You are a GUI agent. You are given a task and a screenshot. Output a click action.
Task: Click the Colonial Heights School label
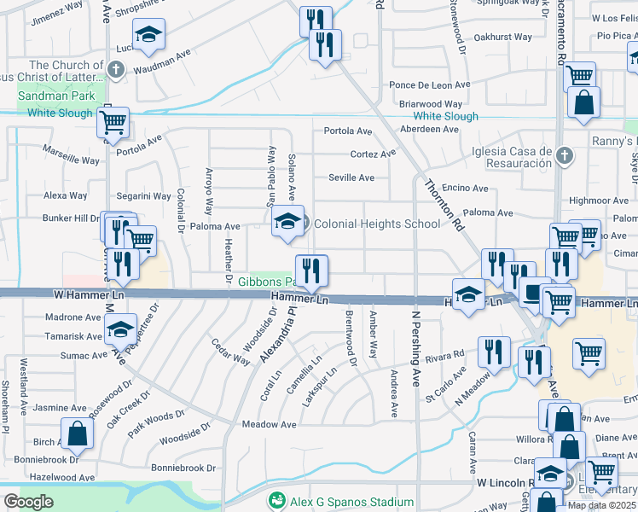pos(377,224)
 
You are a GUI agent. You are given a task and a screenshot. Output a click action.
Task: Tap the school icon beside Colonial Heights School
pos(288,221)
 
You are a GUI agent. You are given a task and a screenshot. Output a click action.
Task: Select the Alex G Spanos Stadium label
pos(345,501)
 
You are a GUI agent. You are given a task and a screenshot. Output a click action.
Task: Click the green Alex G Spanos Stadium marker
pos(275,501)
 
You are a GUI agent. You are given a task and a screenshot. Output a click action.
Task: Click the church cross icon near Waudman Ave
pos(116,69)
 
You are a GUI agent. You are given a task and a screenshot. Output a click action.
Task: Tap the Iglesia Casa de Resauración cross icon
pos(562,155)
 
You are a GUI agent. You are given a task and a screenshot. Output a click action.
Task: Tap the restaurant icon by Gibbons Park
pos(311,271)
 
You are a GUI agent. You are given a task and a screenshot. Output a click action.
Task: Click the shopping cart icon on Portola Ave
pos(113,122)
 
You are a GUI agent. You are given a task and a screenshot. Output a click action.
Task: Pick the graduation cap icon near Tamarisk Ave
pos(120,329)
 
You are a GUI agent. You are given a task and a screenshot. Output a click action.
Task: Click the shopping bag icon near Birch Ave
pos(77,433)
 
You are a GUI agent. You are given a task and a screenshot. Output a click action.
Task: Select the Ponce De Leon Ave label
pos(430,85)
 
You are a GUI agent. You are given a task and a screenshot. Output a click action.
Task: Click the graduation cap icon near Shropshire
pos(149,35)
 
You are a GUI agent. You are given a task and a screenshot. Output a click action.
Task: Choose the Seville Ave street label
pos(351,178)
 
